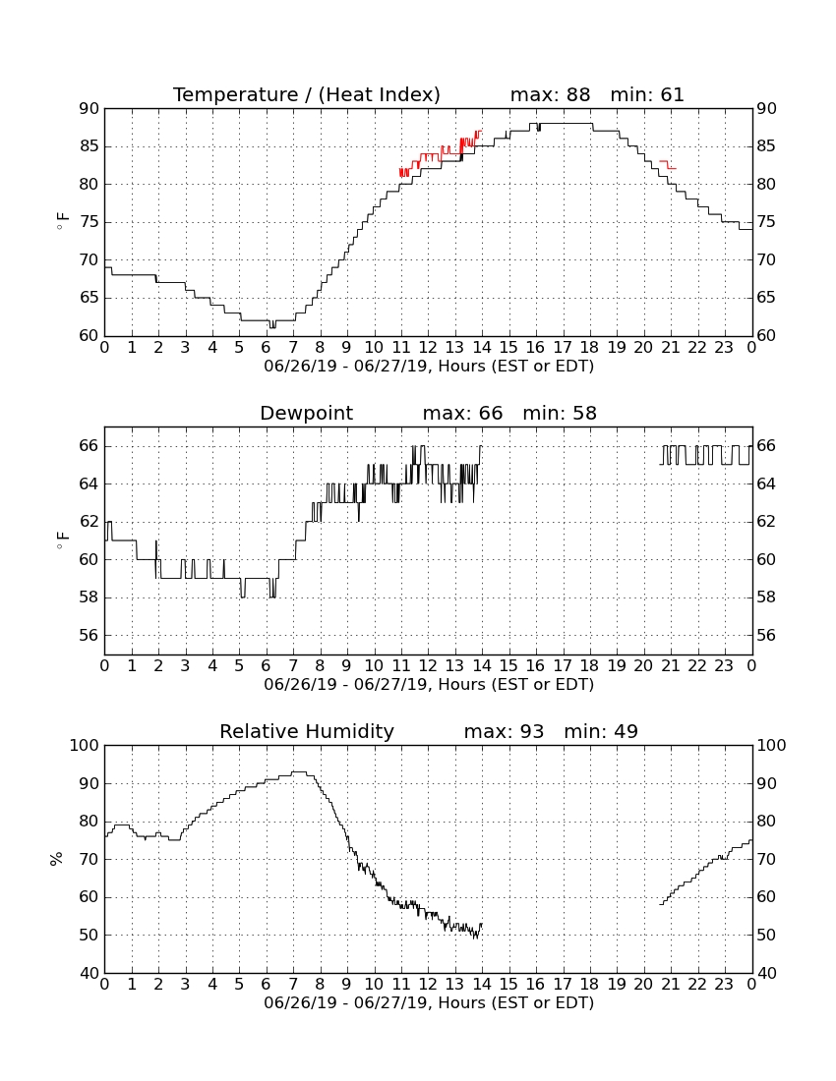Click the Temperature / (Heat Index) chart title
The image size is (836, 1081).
pos(306,94)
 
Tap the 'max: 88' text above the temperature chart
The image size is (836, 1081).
pos(551,94)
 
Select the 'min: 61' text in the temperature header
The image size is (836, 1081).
pos(647,94)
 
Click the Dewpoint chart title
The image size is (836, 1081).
pos(306,414)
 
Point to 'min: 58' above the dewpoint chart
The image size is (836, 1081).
pos(560,414)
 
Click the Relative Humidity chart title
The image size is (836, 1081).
pos(306,731)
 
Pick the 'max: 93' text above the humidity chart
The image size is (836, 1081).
pos(504,731)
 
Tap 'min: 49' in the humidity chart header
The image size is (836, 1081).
pos(601,731)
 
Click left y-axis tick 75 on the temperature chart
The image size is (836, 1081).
pos(90,222)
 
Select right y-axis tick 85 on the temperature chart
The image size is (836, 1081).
pos(766,146)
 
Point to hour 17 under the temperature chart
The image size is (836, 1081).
pos(563,348)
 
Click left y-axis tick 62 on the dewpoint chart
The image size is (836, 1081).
pos(90,522)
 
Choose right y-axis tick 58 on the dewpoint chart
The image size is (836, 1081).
pos(766,597)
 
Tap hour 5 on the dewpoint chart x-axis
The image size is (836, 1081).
pos(239,666)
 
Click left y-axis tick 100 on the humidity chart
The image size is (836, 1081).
pos(85,745)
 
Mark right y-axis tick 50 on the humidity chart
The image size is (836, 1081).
pos(766,936)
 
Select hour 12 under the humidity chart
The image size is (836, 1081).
pos(428,985)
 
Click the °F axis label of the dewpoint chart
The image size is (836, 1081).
pos(62,540)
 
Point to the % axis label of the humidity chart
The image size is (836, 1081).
pos(57,859)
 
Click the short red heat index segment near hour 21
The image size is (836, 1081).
pos(669,165)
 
